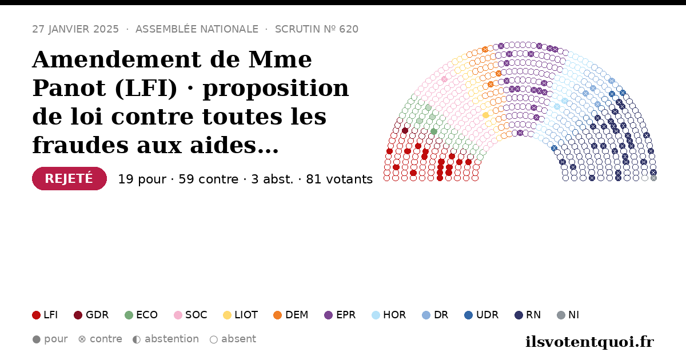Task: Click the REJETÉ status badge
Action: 69,178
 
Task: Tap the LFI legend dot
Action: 36,315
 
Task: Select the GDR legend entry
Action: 91,315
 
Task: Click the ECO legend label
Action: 147,315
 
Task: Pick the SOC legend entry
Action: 190,315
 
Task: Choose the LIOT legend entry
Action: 241,315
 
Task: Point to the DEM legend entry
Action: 290,315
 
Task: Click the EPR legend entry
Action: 340,315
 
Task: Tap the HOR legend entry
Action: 389,315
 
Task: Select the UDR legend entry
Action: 481,315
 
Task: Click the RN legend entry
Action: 528,315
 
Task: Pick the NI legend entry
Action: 568,315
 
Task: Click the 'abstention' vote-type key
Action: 166,339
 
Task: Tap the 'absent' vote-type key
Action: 233,339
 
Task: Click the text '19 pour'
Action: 142,179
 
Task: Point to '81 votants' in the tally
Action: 340,179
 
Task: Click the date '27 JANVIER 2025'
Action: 75,29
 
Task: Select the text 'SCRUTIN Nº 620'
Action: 317,29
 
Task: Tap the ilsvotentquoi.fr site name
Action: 589,342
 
